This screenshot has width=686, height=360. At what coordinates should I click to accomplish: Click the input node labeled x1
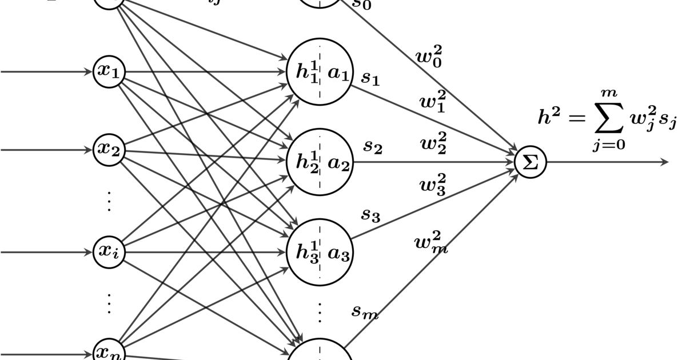109,72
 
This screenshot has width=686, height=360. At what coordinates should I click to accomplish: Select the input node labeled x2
109,150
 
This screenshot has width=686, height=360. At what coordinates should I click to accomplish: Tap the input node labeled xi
109,251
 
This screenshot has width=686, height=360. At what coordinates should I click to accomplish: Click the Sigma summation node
531,162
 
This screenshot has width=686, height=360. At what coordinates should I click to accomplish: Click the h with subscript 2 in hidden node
306,163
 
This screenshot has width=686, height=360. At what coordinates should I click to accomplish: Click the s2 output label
373,147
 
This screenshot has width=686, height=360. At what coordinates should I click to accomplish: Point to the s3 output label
370,215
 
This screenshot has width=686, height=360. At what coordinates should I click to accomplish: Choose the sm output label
365,311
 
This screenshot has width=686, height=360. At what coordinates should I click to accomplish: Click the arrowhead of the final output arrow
664,162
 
